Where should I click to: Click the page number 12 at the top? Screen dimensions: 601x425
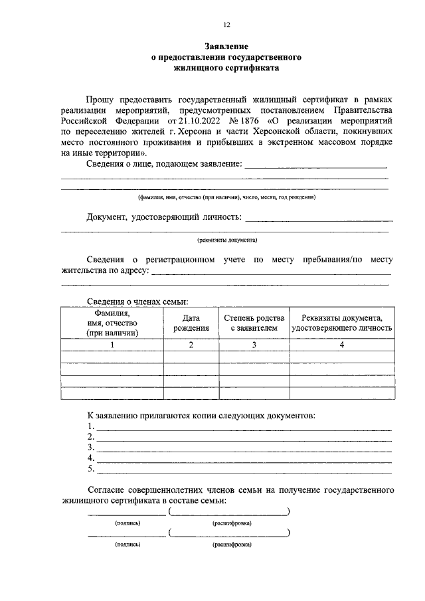226,25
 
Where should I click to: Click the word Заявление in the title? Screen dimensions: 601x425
226,47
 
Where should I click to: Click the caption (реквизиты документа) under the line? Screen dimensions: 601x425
226,240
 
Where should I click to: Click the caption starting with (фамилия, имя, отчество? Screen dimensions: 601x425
226,197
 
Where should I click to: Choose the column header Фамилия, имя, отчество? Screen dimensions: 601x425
112,322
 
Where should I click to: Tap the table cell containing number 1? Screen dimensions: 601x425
112,345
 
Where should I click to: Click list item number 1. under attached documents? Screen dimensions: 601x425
91,426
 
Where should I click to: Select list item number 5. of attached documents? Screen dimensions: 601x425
91,470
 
